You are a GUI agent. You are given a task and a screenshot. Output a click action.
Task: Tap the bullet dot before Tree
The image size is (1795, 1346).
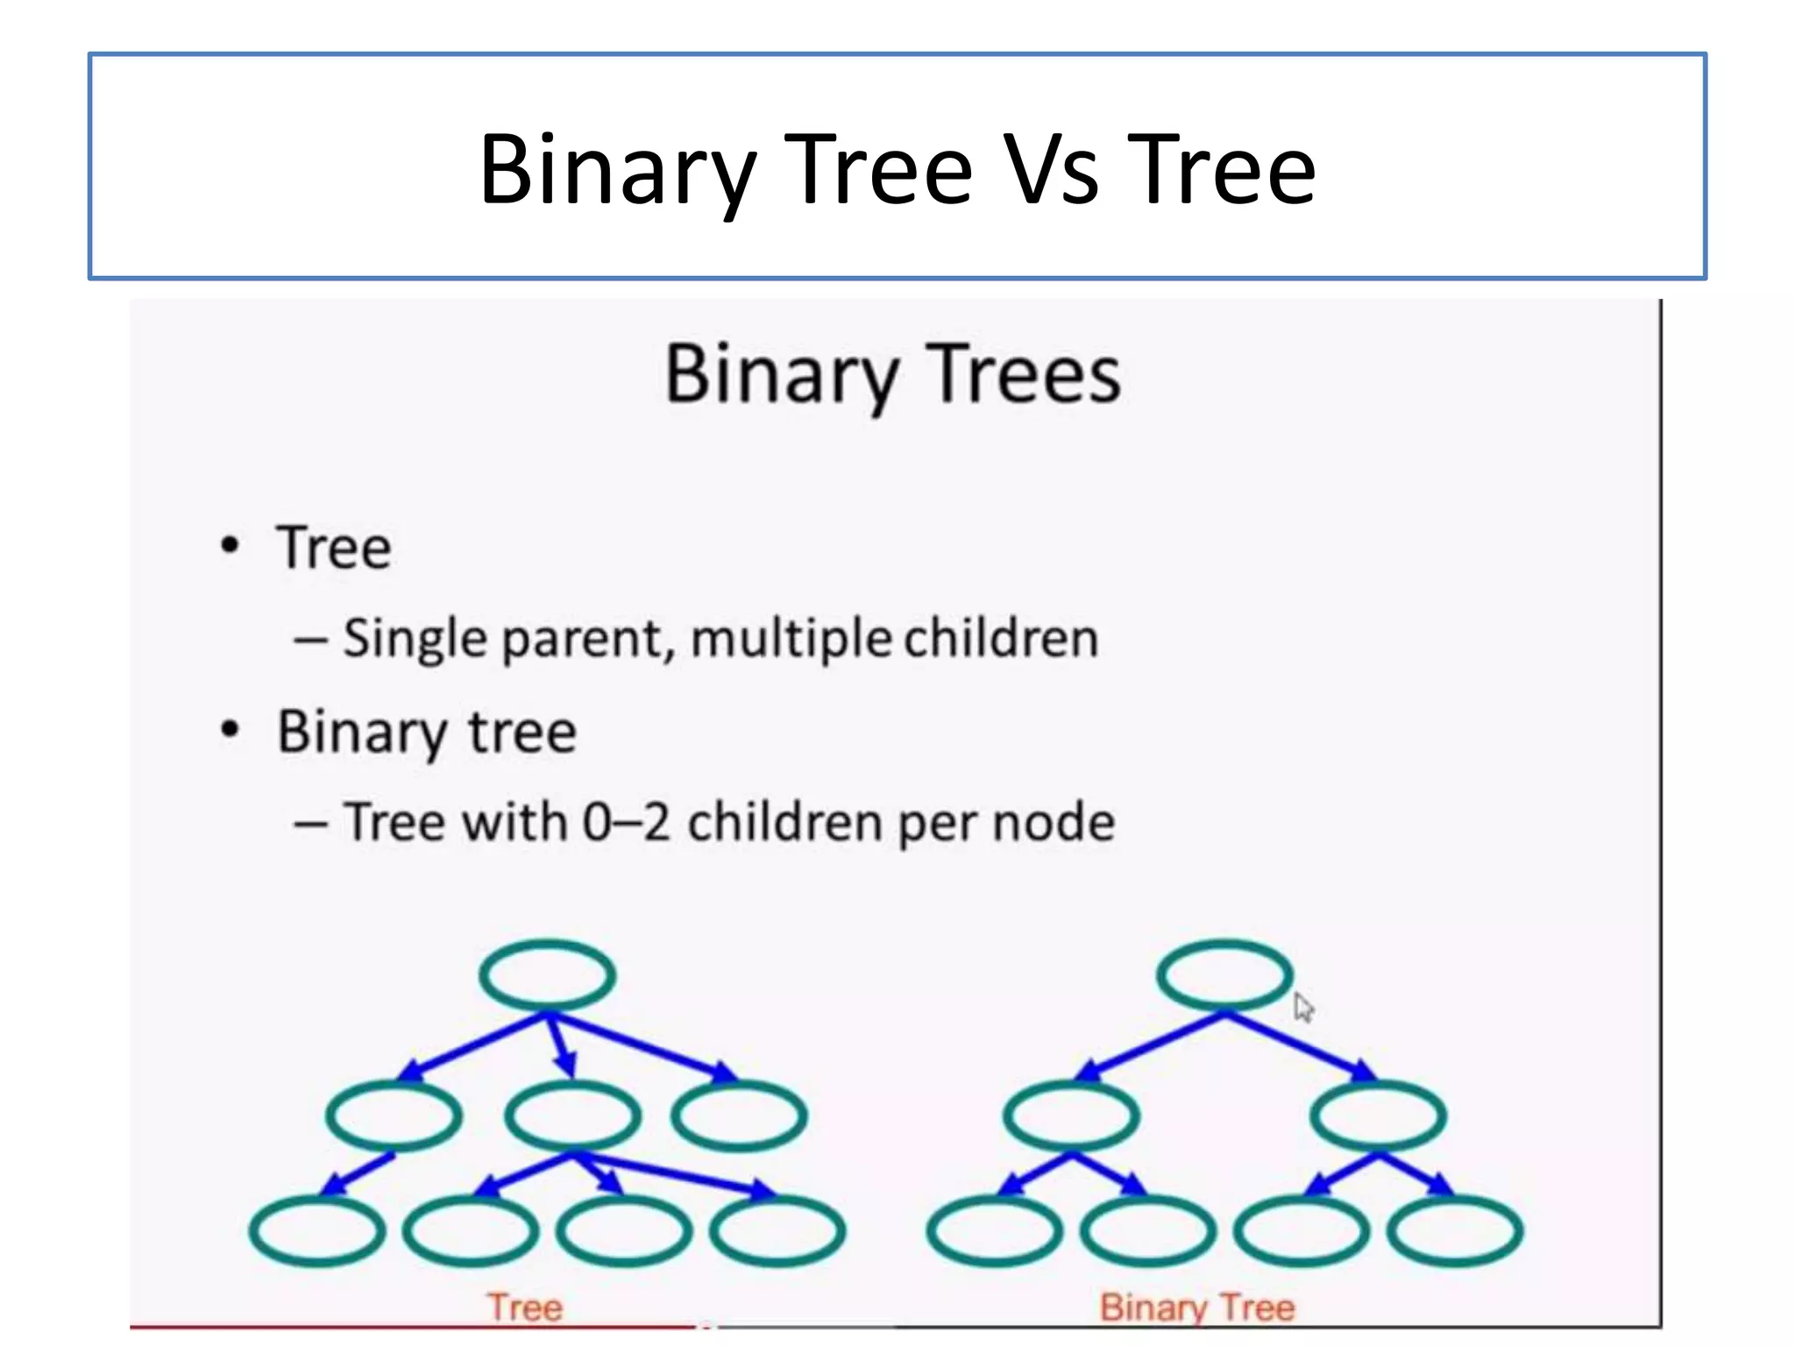(x=230, y=546)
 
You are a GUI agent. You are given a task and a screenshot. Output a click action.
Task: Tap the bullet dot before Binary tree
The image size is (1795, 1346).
(x=230, y=729)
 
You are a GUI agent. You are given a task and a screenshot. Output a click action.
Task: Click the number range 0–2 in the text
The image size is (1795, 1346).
(x=626, y=822)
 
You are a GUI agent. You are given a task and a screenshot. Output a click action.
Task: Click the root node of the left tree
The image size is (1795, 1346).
(x=547, y=974)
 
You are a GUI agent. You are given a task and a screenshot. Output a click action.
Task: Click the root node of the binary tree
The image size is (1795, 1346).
(x=1224, y=974)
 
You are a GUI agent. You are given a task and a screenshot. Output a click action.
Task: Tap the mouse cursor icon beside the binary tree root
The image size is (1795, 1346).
(x=1302, y=1007)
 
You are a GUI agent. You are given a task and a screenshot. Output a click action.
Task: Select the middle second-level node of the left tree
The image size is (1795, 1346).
(x=572, y=1115)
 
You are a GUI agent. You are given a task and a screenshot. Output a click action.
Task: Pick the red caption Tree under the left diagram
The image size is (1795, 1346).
(x=525, y=1307)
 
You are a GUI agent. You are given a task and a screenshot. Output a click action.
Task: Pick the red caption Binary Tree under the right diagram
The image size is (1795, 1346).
(x=1197, y=1307)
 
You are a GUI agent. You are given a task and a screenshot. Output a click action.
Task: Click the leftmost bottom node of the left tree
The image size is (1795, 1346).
(x=316, y=1229)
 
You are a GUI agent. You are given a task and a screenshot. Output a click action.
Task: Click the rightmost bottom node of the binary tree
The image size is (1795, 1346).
(x=1455, y=1229)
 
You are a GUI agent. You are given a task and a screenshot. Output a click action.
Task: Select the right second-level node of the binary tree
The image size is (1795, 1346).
(x=1378, y=1115)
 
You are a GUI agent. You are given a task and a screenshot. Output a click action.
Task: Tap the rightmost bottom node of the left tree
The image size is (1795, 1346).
(x=777, y=1229)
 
